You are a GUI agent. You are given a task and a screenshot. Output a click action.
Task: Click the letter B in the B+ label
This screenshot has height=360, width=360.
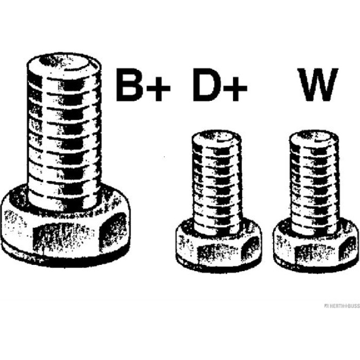[129, 85]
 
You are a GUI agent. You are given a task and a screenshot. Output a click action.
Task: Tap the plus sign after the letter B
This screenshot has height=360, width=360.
[158, 88]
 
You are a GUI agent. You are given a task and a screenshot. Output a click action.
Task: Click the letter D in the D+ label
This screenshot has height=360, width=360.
[207, 85]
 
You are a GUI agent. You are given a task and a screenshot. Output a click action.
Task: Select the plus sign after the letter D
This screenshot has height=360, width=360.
[236, 88]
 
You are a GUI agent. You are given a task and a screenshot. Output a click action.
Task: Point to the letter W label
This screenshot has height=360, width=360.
[318, 85]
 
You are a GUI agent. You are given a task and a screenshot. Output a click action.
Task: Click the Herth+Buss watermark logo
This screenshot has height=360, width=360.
[342, 306]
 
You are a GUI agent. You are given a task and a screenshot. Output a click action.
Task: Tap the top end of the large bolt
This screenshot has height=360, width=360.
[64, 62]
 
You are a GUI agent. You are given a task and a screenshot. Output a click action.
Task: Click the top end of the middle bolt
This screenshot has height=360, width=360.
[217, 137]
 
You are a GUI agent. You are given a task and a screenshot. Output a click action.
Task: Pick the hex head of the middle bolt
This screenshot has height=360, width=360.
[219, 245]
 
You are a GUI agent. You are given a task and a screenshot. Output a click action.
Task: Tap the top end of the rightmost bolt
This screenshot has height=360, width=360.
[314, 137]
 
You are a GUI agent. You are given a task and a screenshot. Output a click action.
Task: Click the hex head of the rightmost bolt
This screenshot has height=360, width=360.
[316, 245]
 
